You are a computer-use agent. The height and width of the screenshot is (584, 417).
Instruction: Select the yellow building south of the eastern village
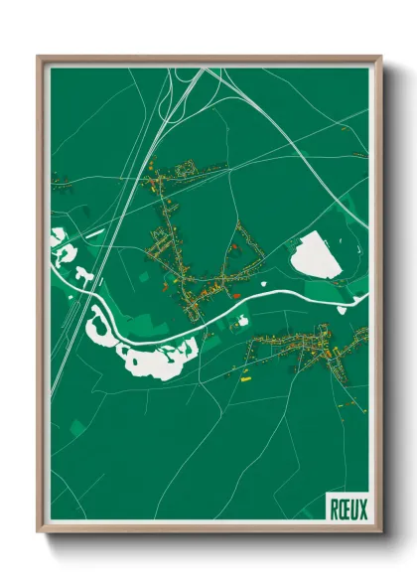245,376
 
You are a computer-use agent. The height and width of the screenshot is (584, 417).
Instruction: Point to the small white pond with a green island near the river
241,321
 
